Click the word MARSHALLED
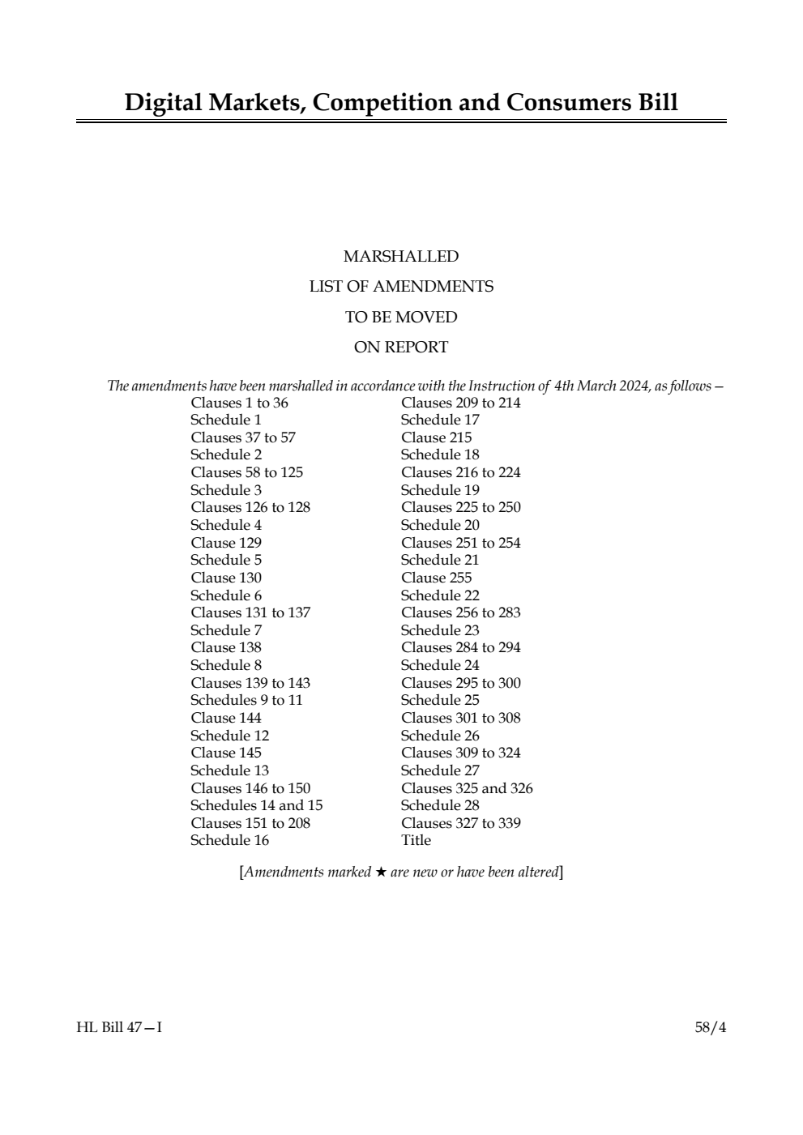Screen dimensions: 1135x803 (401, 257)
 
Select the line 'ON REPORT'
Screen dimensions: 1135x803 (401, 348)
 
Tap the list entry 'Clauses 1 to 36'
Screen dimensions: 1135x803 (239, 403)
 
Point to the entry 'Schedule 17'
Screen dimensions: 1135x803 (440, 420)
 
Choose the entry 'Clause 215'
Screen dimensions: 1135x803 (436, 438)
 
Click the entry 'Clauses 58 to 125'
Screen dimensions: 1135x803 (246, 473)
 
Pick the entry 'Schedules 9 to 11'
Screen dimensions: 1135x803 (246, 701)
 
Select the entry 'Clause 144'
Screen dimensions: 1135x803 (226, 719)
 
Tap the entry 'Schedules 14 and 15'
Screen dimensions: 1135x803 (256, 806)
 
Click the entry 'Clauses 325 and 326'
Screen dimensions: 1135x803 (467, 789)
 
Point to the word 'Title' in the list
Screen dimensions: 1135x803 (416, 841)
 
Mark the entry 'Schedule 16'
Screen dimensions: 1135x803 (229, 841)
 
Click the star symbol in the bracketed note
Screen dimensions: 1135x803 (381, 873)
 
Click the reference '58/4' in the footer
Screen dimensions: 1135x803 (711, 1028)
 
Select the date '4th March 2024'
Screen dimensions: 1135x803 (601, 386)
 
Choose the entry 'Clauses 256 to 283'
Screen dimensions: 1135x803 (460, 613)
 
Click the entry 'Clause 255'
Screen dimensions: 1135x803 (436, 578)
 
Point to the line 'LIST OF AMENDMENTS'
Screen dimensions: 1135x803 (401, 287)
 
